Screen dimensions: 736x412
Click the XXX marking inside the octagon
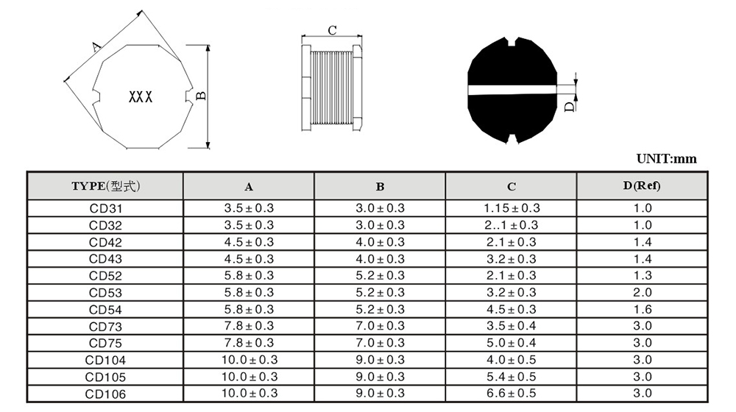click(141, 97)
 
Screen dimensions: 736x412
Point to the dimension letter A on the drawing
click(96, 46)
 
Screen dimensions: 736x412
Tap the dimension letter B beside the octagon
click(201, 96)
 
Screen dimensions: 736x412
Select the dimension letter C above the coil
click(333, 30)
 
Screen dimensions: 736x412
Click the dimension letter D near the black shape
click(570, 107)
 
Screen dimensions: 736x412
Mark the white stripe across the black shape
click(512, 90)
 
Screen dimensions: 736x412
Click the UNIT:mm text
click(667, 159)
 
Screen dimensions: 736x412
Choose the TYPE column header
click(105, 186)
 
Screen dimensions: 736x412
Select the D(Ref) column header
click(642, 186)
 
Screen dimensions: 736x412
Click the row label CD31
click(105, 208)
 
